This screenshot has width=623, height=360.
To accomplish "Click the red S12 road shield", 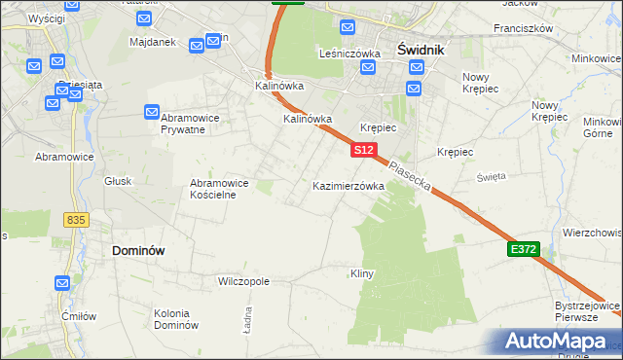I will [363, 150].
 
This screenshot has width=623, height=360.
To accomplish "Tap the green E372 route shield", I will [523, 250].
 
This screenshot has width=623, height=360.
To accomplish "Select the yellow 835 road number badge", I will [77, 221].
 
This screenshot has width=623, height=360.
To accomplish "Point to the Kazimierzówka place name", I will [348, 185].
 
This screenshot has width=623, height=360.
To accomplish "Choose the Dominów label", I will [138, 250].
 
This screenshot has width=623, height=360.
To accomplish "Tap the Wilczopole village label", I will [243, 281].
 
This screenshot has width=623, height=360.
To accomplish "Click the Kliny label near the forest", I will [362, 274].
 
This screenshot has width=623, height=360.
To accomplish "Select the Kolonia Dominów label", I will [176, 318].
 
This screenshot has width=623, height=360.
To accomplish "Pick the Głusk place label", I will [117, 180].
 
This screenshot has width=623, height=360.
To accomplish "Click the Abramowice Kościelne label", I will [220, 189].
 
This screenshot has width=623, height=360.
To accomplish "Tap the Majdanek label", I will [151, 43].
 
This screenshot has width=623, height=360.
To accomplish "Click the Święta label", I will [491, 176].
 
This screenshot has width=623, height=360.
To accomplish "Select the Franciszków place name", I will [523, 29].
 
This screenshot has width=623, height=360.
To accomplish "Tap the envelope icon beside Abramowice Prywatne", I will [153, 112].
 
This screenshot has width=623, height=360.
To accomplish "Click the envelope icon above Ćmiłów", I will [62, 283].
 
